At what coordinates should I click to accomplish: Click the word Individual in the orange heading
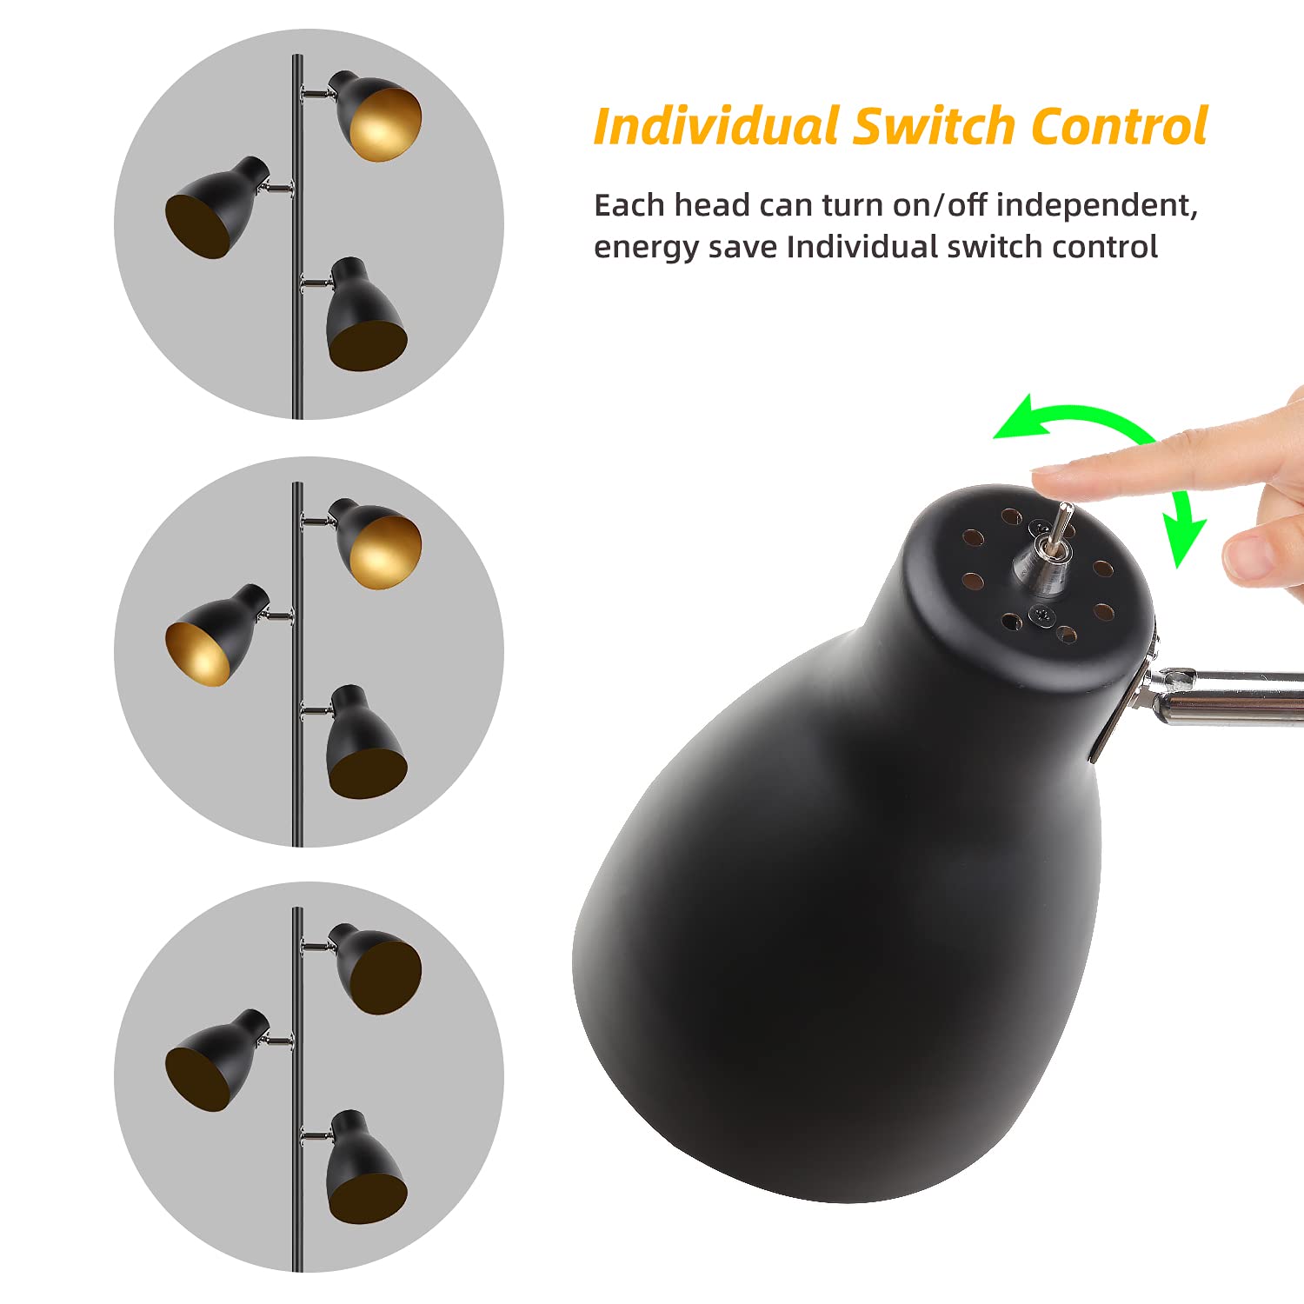[716, 126]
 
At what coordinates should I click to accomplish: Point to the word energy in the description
[643, 249]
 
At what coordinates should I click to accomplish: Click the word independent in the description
[1096, 206]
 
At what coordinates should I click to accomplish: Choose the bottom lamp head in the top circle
[364, 315]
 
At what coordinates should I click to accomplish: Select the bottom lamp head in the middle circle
[364, 742]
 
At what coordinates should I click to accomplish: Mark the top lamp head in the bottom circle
[376, 968]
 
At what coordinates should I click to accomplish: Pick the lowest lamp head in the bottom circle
[364, 1168]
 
